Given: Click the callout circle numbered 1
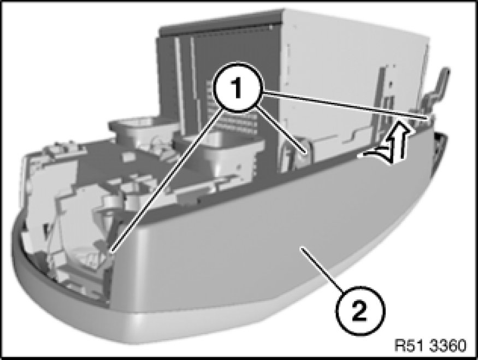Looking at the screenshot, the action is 237,87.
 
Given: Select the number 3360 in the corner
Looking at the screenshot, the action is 447,345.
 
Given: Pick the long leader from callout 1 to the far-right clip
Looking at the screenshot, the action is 343,104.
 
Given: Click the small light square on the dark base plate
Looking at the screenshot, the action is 126,157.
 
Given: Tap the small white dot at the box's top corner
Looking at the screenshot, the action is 270,28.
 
